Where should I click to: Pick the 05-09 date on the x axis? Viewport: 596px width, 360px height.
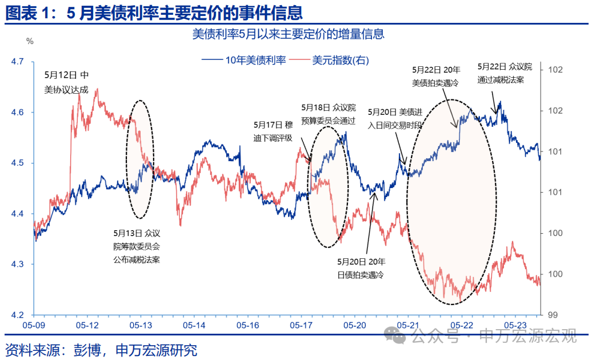pyautogui.click(x=33, y=325)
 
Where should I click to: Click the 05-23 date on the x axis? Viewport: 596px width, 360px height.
pyautogui.click(x=516, y=325)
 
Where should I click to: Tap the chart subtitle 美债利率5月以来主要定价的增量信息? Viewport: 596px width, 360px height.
pyautogui.click(x=288, y=34)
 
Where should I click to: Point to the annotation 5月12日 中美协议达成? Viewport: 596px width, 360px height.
pyautogui.click(x=67, y=82)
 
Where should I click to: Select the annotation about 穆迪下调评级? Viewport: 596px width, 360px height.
pyautogui.click(x=273, y=131)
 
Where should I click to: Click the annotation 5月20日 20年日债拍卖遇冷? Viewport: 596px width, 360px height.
pyautogui.click(x=361, y=268)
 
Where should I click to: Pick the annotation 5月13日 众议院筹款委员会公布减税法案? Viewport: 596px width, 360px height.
pyautogui.click(x=137, y=246)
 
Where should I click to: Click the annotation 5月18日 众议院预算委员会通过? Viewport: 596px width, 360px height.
pyautogui.click(x=329, y=114)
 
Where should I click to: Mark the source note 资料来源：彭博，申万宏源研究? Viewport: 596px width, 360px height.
pyautogui.click(x=101, y=349)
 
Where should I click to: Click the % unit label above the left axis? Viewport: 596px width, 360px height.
pyautogui.click(x=30, y=41)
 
